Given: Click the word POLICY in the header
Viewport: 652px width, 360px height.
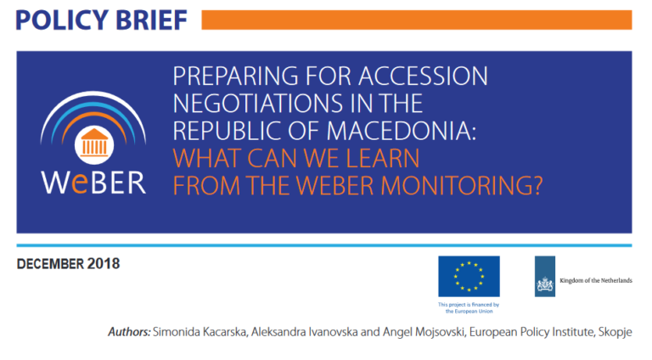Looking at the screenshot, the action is [61, 20].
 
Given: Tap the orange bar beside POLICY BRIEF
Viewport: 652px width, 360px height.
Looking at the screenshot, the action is [417, 20].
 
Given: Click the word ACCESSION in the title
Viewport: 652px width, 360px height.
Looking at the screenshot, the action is [423, 76].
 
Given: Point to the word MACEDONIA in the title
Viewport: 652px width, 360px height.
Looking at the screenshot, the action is [401, 131].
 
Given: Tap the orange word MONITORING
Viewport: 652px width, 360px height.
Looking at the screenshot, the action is [462, 185].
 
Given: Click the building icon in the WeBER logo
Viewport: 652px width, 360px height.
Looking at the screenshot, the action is [94, 144].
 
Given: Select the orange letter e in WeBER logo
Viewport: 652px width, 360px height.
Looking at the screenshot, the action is [80, 184].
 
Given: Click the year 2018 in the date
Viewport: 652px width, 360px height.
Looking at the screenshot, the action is [104, 264].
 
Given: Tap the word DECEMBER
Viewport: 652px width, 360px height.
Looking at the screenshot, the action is [50, 264].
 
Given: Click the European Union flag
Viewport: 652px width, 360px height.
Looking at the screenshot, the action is [469, 277].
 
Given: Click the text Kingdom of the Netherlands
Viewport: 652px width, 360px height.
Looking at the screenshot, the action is [596, 280].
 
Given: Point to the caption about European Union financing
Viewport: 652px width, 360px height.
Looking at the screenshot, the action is [469, 307].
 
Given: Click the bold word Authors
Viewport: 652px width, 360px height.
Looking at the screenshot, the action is [129, 332].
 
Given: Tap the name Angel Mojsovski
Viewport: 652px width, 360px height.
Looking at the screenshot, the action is [424, 332].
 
